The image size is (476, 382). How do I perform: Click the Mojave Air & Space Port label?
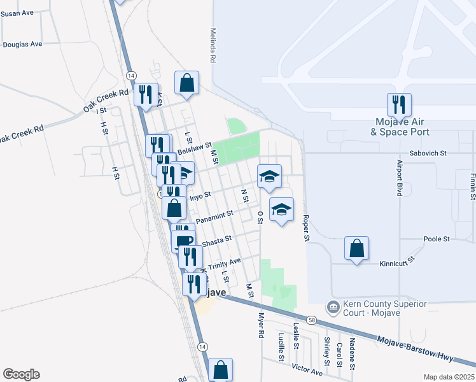coord(400,127)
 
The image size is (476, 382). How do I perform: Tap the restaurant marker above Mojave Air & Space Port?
coord(399,104)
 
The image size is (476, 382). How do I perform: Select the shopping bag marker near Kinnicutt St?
coord(357,248)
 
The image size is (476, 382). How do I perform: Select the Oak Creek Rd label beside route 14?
coord(106,101)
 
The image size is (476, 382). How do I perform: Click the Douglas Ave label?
coord(22,45)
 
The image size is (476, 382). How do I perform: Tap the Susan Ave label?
coord(17,13)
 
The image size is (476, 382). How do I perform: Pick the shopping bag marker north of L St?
coord(186,83)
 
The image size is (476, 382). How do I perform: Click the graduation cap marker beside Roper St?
coord(281,209)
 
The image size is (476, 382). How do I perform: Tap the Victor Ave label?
coord(307,369)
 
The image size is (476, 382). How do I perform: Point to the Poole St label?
coord(437,239)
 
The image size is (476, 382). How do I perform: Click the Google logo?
coord(21,374)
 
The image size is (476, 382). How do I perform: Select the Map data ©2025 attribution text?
coord(449,377)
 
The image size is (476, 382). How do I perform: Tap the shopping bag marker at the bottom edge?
coord(220,369)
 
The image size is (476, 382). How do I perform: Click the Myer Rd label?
coord(260,325)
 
